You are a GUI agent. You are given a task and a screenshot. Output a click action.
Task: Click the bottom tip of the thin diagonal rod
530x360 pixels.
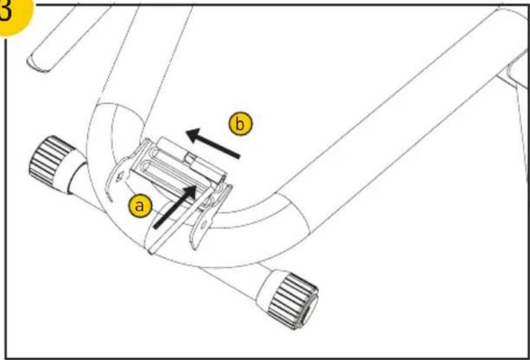pos(150,253)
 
